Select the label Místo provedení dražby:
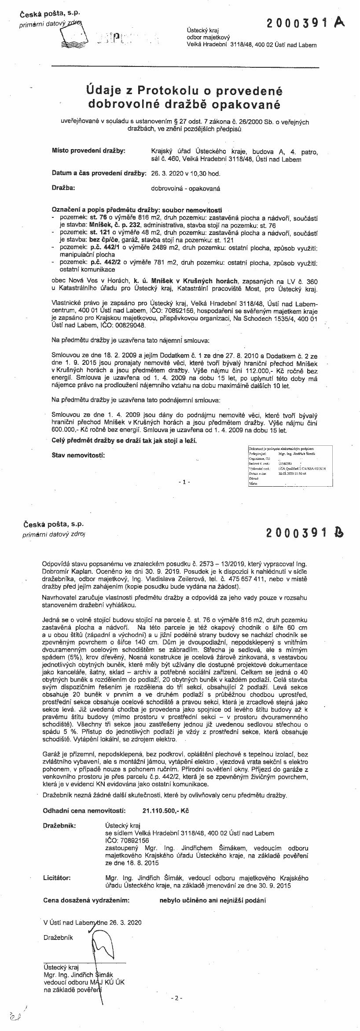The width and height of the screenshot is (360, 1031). coord(88,151)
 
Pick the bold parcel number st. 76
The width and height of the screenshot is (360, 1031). coord(98,217)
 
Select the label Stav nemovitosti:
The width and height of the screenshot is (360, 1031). coord(78,455)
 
